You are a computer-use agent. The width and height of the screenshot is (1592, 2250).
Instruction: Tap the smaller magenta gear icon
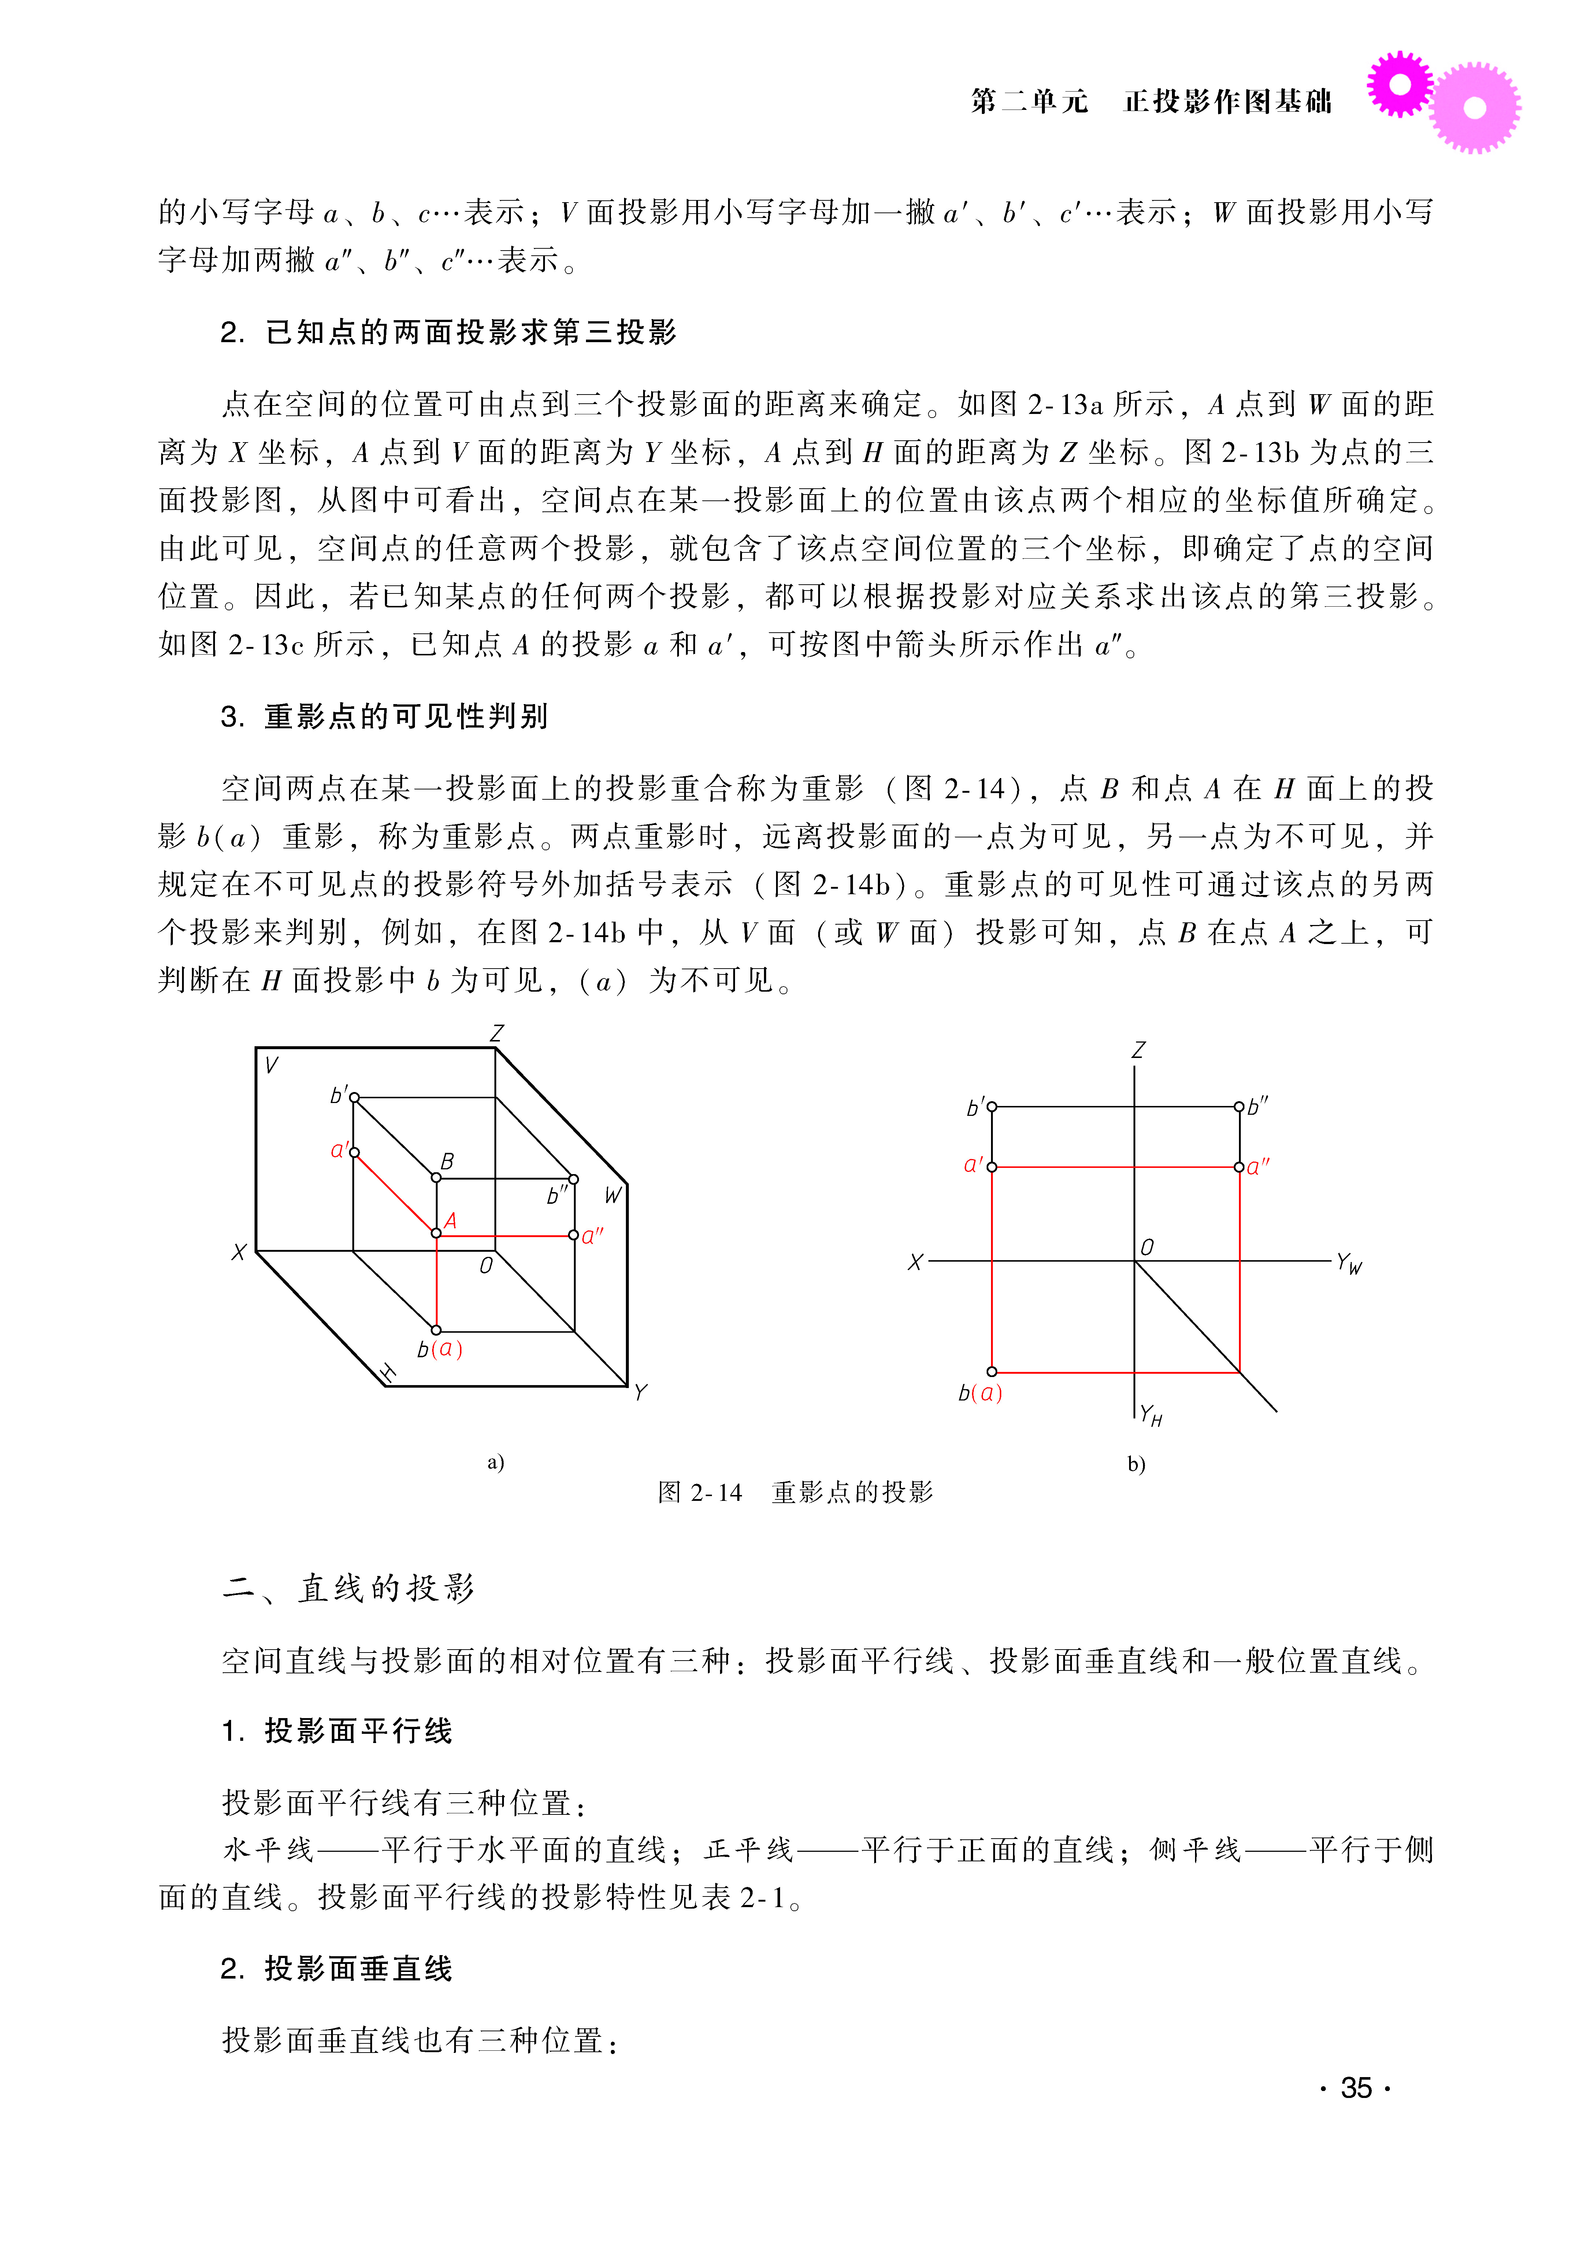tap(1400, 84)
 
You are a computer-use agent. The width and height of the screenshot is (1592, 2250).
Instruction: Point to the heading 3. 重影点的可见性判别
tap(384, 717)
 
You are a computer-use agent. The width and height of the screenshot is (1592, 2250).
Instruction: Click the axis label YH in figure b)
tap(1150, 1416)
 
